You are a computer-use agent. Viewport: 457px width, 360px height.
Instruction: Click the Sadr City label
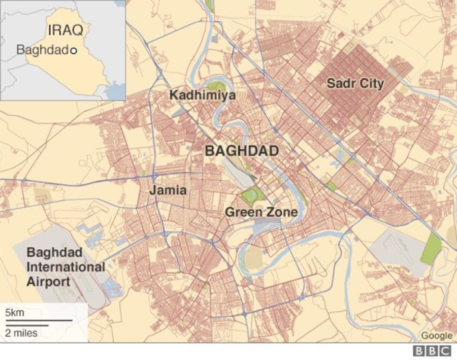click(355, 83)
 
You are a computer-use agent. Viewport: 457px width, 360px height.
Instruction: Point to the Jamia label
click(168, 191)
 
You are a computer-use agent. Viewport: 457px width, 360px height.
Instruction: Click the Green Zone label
click(261, 212)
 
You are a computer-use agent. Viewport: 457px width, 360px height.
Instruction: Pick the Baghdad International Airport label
click(66, 267)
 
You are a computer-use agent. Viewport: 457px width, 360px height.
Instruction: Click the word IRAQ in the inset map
click(65, 29)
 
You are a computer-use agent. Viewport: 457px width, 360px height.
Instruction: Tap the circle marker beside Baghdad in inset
click(73, 51)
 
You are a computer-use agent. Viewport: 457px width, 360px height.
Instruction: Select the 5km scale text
click(15, 312)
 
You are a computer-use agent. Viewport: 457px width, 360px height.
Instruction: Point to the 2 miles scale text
click(21, 333)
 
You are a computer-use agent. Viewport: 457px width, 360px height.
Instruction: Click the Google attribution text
click(436, 336)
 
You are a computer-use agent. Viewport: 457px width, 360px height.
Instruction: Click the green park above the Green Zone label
click(252, 195)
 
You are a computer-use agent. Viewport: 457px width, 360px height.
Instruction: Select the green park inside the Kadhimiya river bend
click(216, 86)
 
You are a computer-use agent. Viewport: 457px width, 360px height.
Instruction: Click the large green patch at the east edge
click(431, 248)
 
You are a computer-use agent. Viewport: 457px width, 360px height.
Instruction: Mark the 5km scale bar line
click(39, 320)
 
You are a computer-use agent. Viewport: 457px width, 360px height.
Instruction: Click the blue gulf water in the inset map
click(116, 91)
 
